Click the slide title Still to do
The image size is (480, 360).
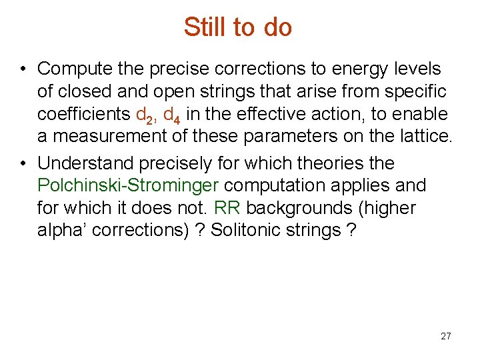[x=238, y=27]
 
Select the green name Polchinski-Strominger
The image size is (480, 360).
[x=129, y=185]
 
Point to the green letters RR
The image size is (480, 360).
[x=227, y=208]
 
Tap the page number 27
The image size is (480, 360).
[x=446, y=336]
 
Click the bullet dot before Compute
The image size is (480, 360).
[x=23, y=69]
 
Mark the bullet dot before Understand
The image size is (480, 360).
[x=23, y=163]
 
